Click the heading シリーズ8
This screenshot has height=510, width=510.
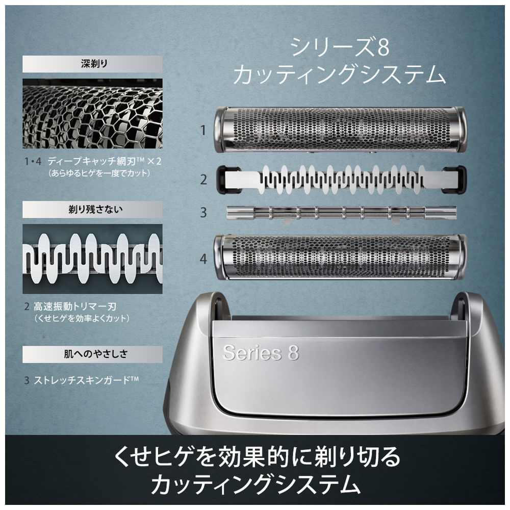coord(339,47)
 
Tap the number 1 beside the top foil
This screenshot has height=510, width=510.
coord(203,131)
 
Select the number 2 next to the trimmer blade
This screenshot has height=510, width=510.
coord(203,179)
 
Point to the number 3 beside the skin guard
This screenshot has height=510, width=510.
coord(203,212)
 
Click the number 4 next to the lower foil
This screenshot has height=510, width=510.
coord(203,259)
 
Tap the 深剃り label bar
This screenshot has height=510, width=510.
coord(92,64)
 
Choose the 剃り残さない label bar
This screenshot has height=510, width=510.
coord(92,209)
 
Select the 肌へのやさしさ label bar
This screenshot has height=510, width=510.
coord(92,354)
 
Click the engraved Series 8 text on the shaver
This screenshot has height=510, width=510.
coord(261,352)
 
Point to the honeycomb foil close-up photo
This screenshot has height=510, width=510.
coord(92,114)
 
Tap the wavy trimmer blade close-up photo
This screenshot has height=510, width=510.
coord(92,259)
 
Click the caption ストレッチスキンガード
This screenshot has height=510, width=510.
coord(86,380)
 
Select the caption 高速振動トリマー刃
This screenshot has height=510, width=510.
coord(75,307)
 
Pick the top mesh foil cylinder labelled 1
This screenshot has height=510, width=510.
coord(340,130)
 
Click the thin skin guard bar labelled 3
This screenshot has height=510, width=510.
coord(341,212)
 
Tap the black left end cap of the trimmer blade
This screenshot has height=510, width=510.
coord(227,179)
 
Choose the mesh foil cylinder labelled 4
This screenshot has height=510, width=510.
coord(340,257)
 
